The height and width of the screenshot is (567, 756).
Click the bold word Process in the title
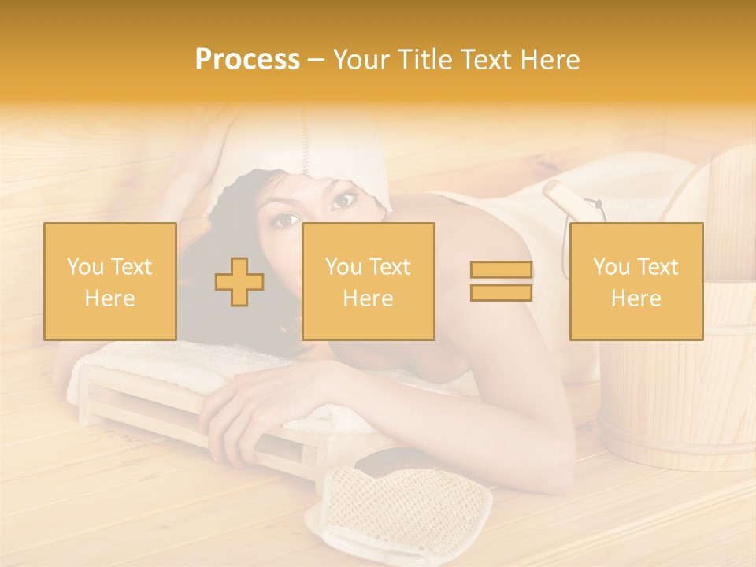click(247, 60)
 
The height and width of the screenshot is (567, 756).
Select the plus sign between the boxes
click(239, 281)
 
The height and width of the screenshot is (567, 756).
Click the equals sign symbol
click(501, 281)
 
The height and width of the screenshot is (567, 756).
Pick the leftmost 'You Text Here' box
click(110, 281)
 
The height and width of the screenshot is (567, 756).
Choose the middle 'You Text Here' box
click(368, 281)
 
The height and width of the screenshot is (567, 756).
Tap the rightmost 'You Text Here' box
click(636, 281)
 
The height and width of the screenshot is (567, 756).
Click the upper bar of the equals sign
click(501, 270)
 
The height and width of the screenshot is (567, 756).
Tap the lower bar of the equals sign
click(501, 292)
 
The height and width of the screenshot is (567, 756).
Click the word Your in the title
click(359, 60)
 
